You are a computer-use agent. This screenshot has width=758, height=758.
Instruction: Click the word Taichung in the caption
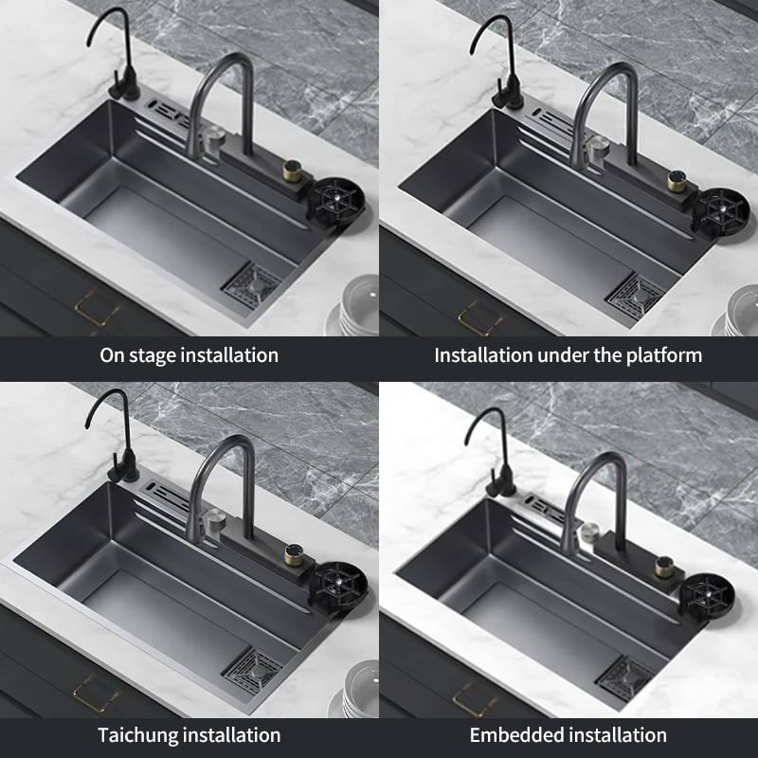pos(138,735)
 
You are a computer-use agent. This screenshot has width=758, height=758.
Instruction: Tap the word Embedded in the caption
pos(514,735)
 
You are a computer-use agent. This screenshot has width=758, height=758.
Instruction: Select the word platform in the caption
pos(664,356)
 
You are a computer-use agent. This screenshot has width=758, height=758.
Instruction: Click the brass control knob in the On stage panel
pos(292,171)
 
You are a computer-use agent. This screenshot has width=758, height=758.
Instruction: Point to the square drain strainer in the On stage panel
pos(252,287)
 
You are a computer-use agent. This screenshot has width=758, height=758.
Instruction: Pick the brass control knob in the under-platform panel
pos(677,181)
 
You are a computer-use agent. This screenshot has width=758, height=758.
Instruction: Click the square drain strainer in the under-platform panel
pos(635,295)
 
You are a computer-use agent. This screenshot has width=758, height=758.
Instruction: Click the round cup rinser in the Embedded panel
pos(707,596)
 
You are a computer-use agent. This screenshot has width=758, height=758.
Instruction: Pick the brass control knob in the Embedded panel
pos(664,567)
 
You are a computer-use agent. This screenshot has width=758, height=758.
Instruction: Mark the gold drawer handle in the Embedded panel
pos(474,699)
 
